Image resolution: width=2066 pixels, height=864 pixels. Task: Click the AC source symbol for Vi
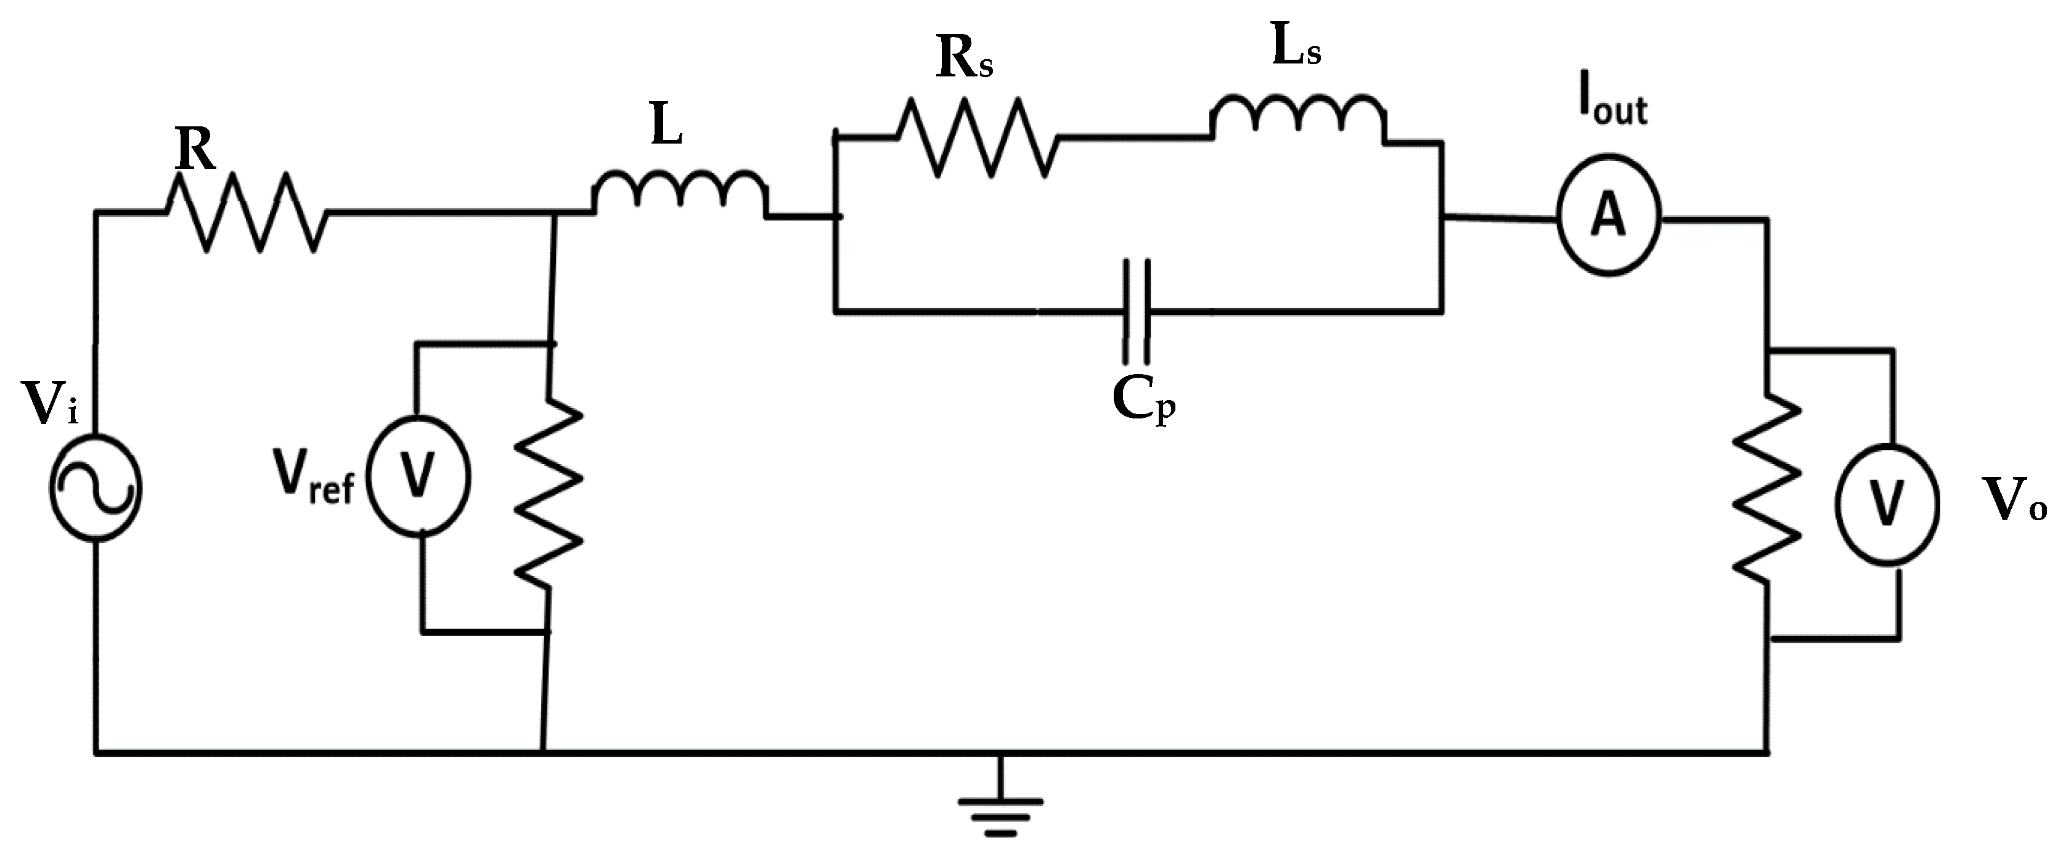tap(96, 487)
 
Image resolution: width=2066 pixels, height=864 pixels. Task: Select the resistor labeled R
tap(245, 213)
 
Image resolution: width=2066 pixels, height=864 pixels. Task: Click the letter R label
tap(196, 149)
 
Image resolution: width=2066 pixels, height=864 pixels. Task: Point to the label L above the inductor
tap(666, 126)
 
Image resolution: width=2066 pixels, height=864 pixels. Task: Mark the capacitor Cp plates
tap(1137, 311)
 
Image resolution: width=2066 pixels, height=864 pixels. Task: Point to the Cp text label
tap(1143, 399)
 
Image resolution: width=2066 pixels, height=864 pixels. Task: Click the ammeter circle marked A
tap(1608, 216)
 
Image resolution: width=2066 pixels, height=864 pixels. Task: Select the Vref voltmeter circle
tap(418, 476)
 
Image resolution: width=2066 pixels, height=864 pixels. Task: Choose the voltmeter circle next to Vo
tap(1887, 504)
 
